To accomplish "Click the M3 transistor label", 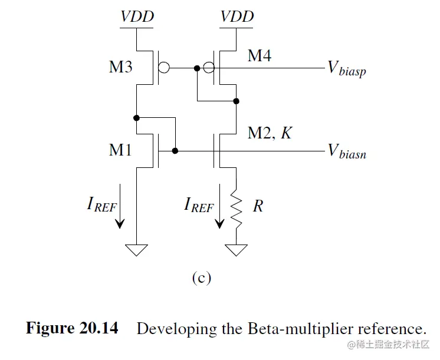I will tap(121, 67).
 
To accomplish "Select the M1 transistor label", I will tap(121, 150).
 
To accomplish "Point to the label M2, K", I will tap(270, 134).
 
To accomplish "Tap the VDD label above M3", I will tap(137, 16).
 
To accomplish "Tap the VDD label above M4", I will tap(237, 16).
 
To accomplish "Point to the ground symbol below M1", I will tap(137, 250).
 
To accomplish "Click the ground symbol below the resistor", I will tap(237, 250).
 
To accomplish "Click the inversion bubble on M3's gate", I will tap(164, 68).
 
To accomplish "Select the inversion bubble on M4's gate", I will tap(209, 68).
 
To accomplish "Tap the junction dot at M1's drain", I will tap(137, 118).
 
